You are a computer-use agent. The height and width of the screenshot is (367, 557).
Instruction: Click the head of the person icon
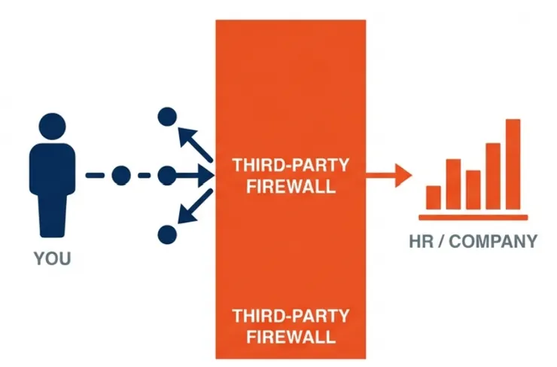(51, 128)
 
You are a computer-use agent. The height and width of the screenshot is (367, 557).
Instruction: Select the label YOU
(52, 259)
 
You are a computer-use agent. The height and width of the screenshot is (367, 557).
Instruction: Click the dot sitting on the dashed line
(120, 176)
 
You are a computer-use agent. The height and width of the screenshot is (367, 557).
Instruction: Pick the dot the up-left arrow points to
(166, 117)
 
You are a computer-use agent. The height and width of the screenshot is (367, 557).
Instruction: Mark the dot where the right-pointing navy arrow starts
(166, 176)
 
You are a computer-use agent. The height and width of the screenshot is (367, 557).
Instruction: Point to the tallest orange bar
(513, 164)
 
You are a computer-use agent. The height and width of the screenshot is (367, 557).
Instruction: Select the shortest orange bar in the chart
(434, 197)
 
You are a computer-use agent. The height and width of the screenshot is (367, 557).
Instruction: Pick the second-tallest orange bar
(493, 176)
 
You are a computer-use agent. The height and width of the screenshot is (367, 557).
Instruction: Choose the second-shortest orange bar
(473, 189)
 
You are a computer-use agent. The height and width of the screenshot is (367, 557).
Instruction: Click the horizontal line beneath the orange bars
(473, 217)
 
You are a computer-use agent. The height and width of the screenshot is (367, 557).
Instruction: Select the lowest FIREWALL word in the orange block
(291, 336)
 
